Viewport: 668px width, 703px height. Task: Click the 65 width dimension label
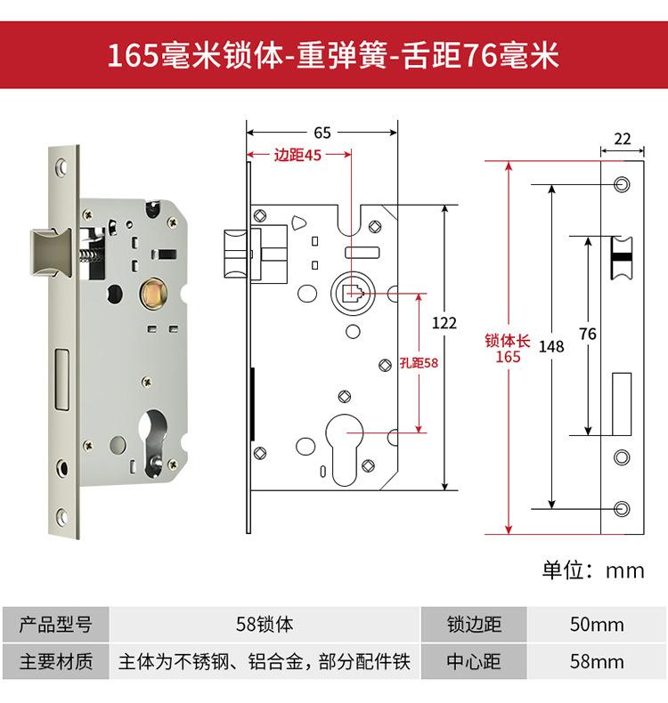(x=322, y=133)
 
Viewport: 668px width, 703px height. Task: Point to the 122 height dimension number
(x=444, y=323)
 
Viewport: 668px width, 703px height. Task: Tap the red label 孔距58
(x=420, y=362)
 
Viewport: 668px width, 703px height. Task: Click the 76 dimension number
(x=587, y=335)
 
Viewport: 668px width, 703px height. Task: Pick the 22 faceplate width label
(x=623, y=139)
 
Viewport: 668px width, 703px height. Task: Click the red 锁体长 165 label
(x=508, y=348)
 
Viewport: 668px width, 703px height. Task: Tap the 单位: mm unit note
(x=593, y=570)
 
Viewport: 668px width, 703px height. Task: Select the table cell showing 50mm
(x=596, y=625)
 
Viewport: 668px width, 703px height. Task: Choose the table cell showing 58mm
(x=596, y=662)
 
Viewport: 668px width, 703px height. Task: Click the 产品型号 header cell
(x=56, y=625)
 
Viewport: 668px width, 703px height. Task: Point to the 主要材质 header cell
(x=56, y=662)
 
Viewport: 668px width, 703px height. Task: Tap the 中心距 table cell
(x=474, y=662)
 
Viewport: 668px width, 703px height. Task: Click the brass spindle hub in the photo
(x=153, y=293)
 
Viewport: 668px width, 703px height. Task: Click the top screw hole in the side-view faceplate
(x=622, y=183)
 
